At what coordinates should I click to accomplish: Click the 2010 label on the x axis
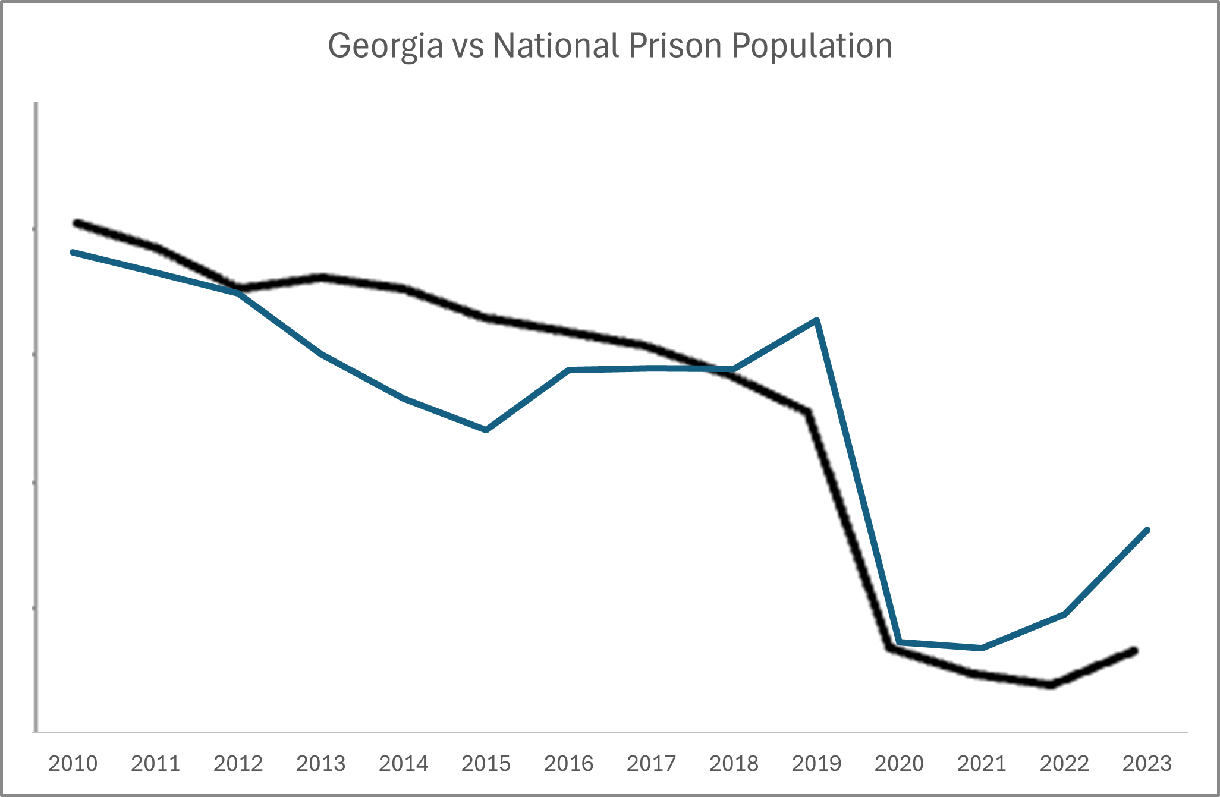pos(73,763)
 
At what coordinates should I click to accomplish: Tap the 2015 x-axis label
pos(486,763)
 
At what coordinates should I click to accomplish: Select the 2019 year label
pos(816,763)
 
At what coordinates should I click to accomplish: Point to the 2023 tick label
pos(1146,763)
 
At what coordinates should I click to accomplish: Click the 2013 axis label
pos(320,763)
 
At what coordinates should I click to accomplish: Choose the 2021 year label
pos(981,763)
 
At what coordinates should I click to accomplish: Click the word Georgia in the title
pos(385,46)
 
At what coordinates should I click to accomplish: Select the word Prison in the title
pos(674,45)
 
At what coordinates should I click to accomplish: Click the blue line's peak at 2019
pos(817,320)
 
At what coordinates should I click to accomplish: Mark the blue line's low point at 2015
pos(486,430)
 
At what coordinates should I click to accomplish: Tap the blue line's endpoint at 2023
pos(1147,530)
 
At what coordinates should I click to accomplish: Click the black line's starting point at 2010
pos(76,223)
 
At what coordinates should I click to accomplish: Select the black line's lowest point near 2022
pos(1051,685)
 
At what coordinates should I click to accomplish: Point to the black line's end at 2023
pos(1135,651)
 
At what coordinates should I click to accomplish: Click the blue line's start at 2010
pos(73,252)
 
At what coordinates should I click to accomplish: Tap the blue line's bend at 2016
pos(569,370)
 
